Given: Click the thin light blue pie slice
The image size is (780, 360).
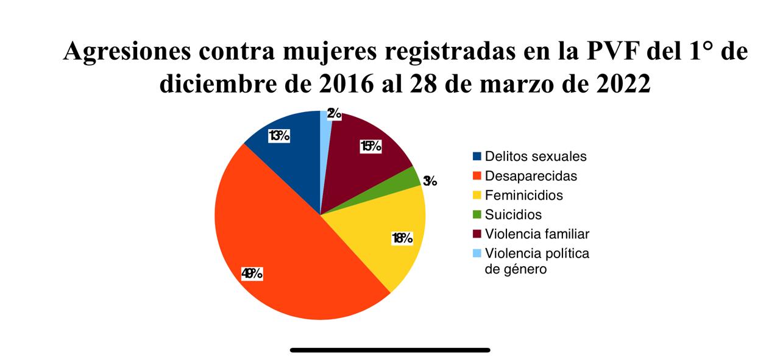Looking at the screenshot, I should tap(326, 122).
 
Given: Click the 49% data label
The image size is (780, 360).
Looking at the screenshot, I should tap(252, 274).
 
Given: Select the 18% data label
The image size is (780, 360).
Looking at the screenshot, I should tap(403, 238).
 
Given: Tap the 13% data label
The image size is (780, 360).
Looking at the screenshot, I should tap(278, 136).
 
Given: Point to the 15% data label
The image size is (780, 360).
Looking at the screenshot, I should tap(370, 146).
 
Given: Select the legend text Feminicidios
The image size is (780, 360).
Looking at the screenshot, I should tap(523, 196).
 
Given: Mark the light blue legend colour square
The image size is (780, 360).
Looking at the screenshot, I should tap(477, 253).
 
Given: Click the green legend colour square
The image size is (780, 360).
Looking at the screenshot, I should tap(477, 214).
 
